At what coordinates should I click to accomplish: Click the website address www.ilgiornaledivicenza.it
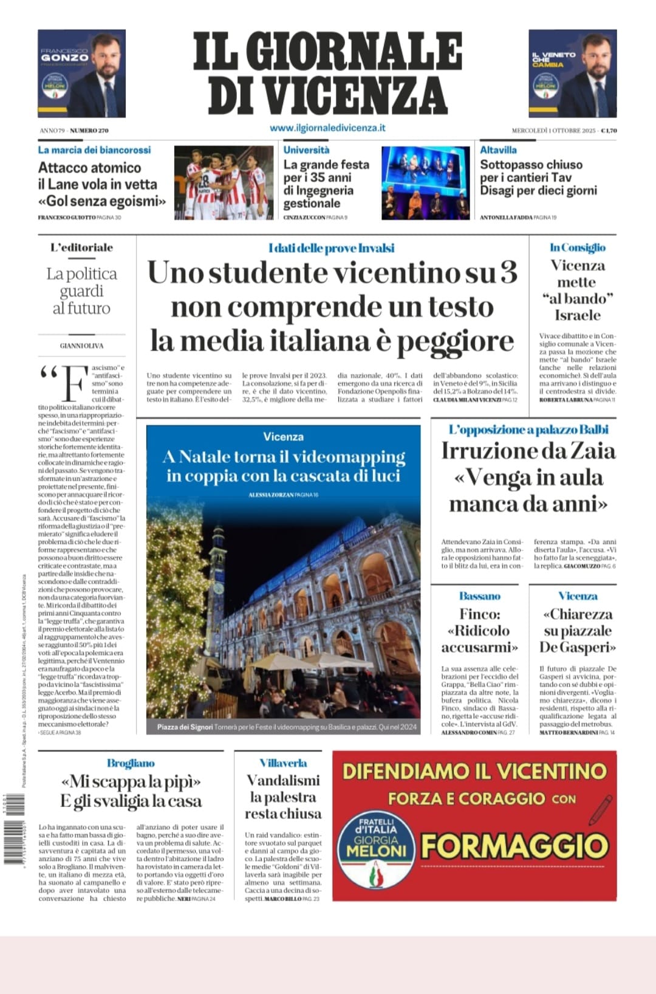[x=327, y=128]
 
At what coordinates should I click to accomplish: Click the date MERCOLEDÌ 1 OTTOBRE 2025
[x=554, y=130]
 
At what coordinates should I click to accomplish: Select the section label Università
[x=306, y=149]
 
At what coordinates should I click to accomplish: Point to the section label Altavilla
[x=498, y=149]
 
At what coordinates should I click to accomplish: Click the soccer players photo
[x=224, y=182]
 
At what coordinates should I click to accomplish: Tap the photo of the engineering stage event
[x=425, y=182]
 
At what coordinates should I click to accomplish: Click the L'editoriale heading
[x=81, y=247]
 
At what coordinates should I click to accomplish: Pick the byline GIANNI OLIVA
[x=81, y=346]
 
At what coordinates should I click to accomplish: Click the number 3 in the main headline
[x=508, y=272]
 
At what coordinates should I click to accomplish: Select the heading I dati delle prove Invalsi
[x=331, y=248]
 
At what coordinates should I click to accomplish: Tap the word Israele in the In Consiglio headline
[x=577, y=315]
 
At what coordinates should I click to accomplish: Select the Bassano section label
[x=479, y=596]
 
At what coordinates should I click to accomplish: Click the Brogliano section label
[x=131, y=763]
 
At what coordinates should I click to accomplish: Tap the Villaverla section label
[x=283, y=763]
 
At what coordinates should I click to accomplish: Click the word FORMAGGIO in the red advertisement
[x=514, y=846]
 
